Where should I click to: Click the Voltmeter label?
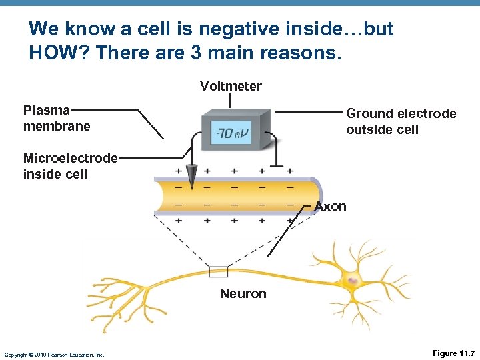231,86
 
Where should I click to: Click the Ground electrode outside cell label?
401,121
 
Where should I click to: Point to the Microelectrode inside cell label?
69,166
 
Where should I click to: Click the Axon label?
331,206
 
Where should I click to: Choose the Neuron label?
243,293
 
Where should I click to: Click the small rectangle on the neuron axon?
218,271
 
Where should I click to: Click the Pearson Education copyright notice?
54,354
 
